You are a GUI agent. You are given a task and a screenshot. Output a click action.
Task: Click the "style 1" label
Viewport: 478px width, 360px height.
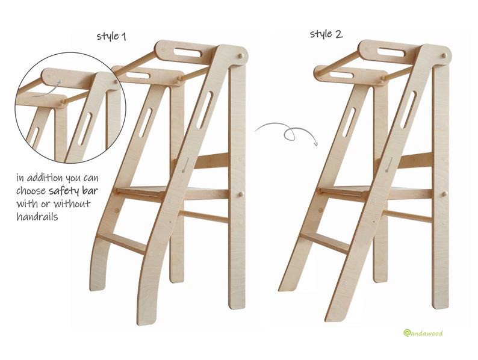[111, 36]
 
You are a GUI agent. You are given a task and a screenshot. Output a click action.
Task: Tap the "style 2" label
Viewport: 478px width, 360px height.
[326, 33]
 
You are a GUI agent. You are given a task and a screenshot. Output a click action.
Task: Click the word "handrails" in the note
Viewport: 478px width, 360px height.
[37, 217]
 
